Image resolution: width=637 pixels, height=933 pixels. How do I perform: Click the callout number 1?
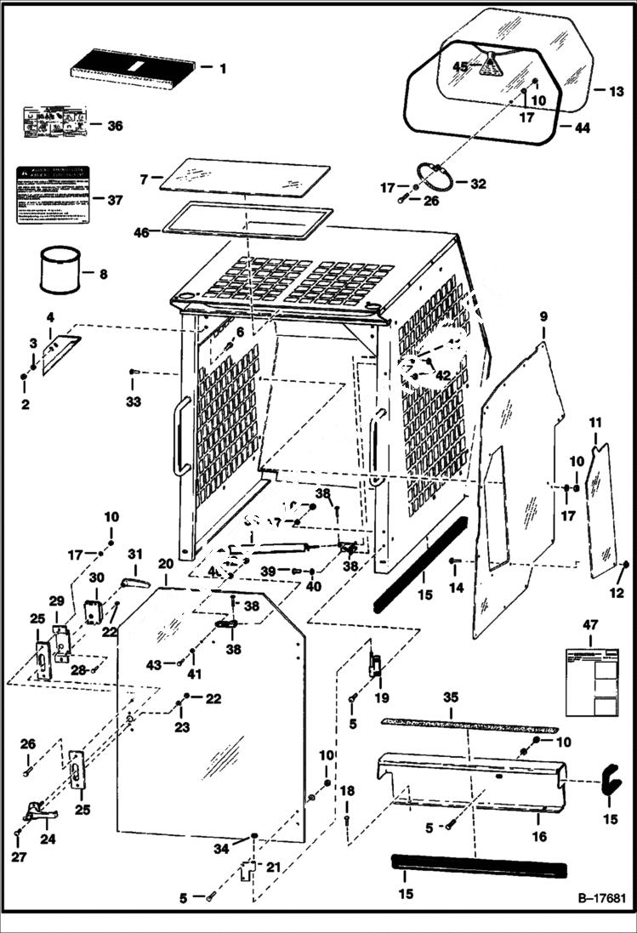[223, 67]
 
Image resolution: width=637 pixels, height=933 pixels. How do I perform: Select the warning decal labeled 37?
[53, 195]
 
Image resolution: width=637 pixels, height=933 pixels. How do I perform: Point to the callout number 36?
[115, 126]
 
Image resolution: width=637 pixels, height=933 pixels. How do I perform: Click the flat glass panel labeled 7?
[244, 176]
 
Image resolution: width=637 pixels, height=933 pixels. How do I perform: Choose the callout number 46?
[141, 230]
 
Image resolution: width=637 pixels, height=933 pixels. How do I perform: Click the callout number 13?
[617, 91]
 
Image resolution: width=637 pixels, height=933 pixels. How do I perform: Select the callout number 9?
[542, 318]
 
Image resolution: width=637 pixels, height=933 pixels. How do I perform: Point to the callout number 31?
[134, 554]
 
